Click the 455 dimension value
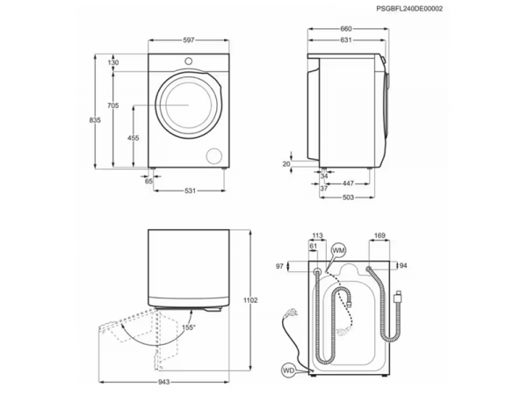132,138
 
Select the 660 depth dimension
347,29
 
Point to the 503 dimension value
349,197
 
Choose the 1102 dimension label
250,300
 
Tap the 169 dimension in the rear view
379,236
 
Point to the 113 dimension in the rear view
318,236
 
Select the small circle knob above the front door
189,60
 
